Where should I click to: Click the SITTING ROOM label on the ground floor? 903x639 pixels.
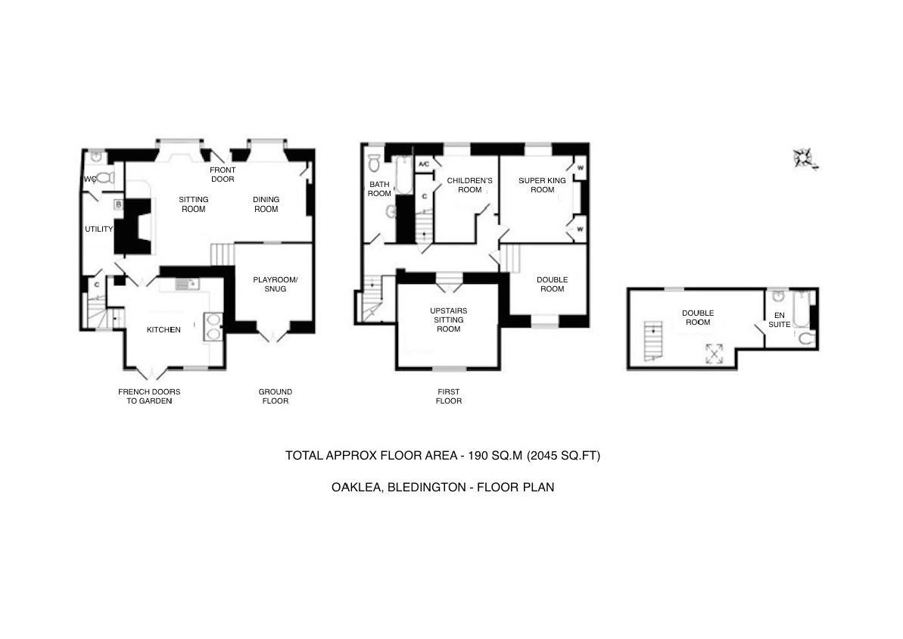click(x=193, y=204)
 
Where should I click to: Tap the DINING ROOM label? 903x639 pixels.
click(x=266, y=204)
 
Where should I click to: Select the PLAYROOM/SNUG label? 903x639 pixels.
click(x=275, y=284)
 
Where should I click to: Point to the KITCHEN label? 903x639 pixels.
click(x=163, y=330)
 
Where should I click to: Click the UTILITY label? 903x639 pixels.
click(x=98, y=229)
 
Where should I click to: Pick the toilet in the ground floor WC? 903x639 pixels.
click(x=104, y=179)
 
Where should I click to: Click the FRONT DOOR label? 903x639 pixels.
click(x=223, y=175)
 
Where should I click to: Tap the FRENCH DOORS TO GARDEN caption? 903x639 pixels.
click(x=149, y=396)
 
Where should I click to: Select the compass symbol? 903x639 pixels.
click(x=803, y=158)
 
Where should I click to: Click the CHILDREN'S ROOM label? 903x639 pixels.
click(x=469, y=185)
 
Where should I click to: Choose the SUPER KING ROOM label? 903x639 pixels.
click(x=542, y=185)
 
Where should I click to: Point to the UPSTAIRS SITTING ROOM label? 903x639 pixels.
click(x=448, y=319)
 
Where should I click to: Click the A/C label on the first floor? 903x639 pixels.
click(x=424, y=164)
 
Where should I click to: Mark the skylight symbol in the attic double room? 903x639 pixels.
click(x=715, y=352)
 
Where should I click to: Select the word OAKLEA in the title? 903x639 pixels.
click(x=356, y=488)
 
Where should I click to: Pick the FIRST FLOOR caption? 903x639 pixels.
click(x=448, y=396)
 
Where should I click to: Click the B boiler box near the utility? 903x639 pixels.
click(x=118, y=204)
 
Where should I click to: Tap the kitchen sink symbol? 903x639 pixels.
click(x=185, y=285)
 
